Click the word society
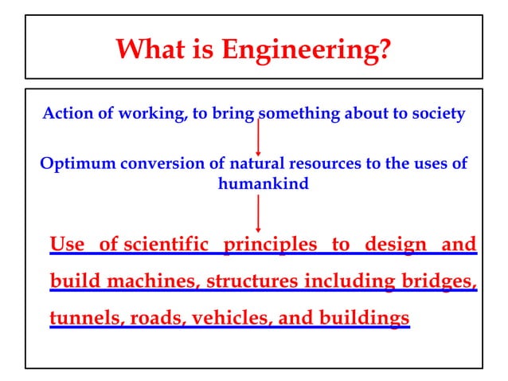(437, 113)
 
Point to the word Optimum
(77, 164)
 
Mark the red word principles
(270, 243)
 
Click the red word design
(395, 243)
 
